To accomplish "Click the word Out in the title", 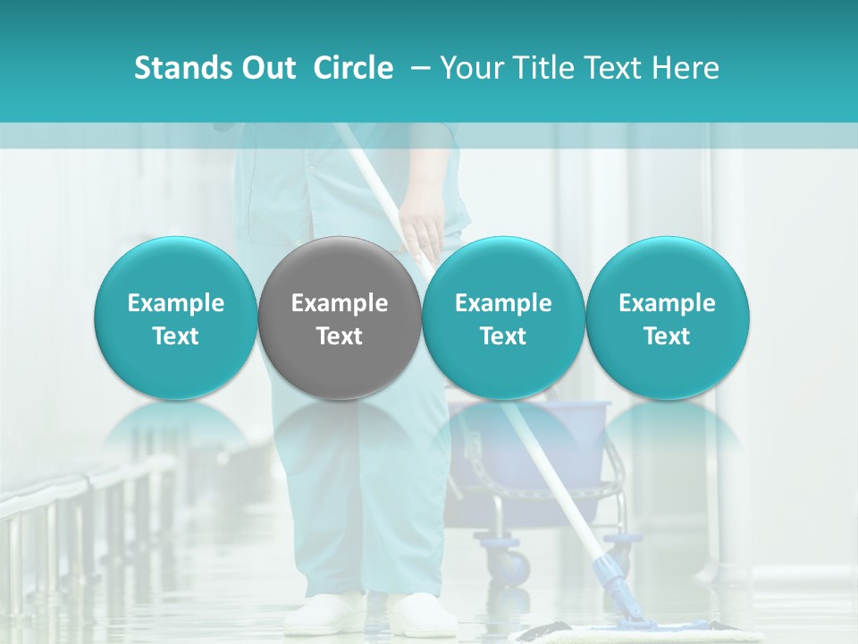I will tap(265, 68).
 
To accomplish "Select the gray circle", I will tap(340, 318).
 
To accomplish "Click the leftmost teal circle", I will tap(176, 318).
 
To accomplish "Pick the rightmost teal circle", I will tap(668, 318).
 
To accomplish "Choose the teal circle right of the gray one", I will tap(503, 318).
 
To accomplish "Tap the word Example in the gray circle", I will tap(340, 303).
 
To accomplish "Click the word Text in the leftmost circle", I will tap(176, 336).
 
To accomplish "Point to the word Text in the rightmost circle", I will tap(668, 336).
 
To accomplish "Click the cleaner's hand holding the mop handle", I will tap(420, 224).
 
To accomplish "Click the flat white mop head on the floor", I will tap(626, 633).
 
